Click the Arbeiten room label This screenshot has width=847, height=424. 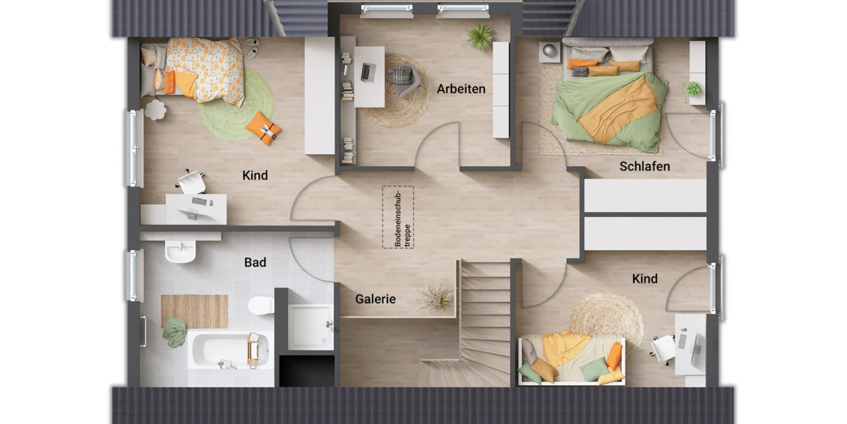click(461, 89)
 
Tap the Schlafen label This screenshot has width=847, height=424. click(644, 167)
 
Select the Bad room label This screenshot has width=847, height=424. click(255, 263)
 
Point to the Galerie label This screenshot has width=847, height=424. click(376, 299)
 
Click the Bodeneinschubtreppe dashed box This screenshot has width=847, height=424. click(398, 217)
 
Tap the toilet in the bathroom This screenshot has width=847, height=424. click(260, 305)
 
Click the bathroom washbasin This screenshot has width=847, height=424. click(180, 251)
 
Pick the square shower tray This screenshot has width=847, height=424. click(311, 326)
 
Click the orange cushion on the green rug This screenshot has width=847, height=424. click(263, 128)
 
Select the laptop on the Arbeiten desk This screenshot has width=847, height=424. click(368, 71)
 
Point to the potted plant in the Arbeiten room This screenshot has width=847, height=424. click(481, 37)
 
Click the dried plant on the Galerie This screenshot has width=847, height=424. click(437, 295)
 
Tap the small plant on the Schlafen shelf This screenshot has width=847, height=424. click(692, 90)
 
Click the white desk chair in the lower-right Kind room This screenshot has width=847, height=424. click(662, 348)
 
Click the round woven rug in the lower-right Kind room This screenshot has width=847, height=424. click(606, 319)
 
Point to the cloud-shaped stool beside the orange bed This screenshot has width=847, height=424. click(155, 110)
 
